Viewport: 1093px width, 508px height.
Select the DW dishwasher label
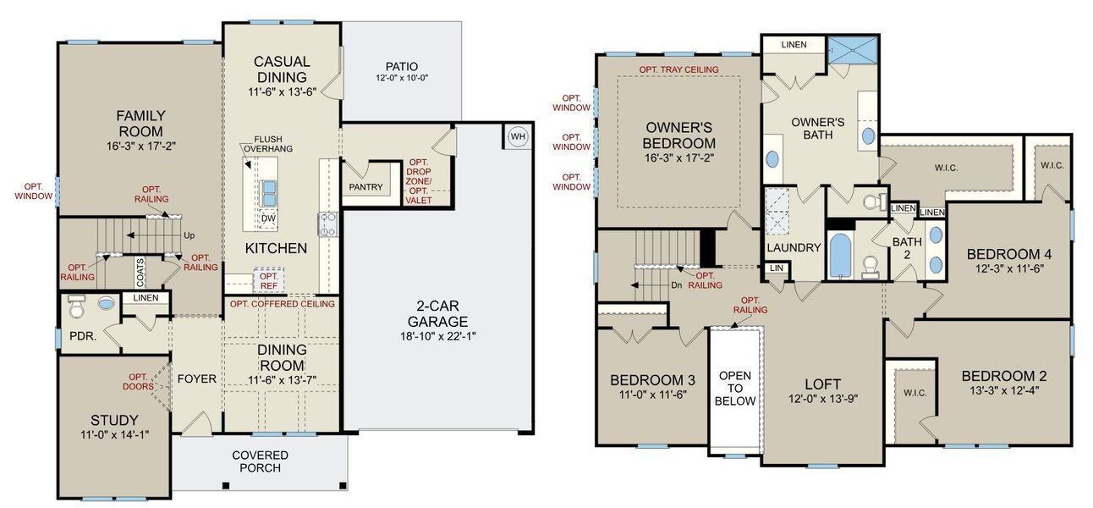[269, 218]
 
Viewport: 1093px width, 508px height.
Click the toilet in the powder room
[77, 303]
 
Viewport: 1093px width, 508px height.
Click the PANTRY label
[365, 187]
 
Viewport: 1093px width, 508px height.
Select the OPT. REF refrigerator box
[269, 281]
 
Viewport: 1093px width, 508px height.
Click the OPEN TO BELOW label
[734, 388]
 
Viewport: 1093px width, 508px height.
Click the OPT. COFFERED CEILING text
[282, 304]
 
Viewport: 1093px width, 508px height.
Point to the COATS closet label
[140, 273]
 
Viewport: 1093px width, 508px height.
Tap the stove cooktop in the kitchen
[327, 224]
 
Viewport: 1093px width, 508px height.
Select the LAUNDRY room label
[794, 248]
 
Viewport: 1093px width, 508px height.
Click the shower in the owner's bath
[853, 50]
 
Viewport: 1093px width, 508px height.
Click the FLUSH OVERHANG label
[268, 145]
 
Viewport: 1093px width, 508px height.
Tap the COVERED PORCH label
[260, 461]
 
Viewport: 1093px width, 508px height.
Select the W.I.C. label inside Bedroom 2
[914, 392]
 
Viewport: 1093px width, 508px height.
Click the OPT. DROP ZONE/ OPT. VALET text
[420, 181]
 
